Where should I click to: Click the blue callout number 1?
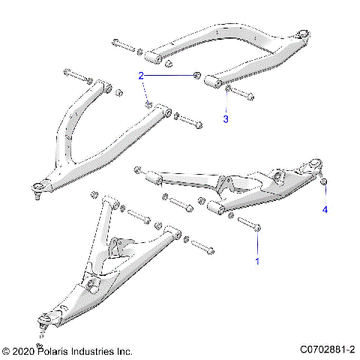[258, 262]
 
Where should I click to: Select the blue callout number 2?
[140, 76]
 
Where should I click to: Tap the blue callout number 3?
[225, 118]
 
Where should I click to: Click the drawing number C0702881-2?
[327, 350]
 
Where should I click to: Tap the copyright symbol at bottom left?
[7, 351]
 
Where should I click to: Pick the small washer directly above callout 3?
[226, 90]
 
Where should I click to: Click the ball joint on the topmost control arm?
[304, 34]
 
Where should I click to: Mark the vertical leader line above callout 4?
[325, 195]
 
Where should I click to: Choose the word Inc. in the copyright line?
[124, 351]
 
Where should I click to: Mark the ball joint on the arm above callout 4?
[316, 164]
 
